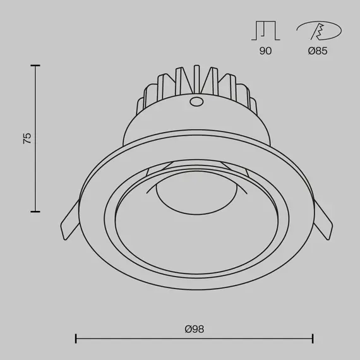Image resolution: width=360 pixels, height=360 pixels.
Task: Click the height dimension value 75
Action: tap(27, 138)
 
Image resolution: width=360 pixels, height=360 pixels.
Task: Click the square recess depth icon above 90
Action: tap(265, 30)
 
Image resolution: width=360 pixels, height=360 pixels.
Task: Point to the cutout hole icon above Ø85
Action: tap(318, 30)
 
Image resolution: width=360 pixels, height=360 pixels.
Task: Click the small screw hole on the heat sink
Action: tap(196, 101)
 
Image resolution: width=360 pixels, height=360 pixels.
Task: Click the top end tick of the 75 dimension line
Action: tap(35, 65)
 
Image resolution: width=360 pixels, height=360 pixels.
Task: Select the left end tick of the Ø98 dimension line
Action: tap(76, 339)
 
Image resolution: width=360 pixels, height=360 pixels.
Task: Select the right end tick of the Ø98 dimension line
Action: tap(313, 339)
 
